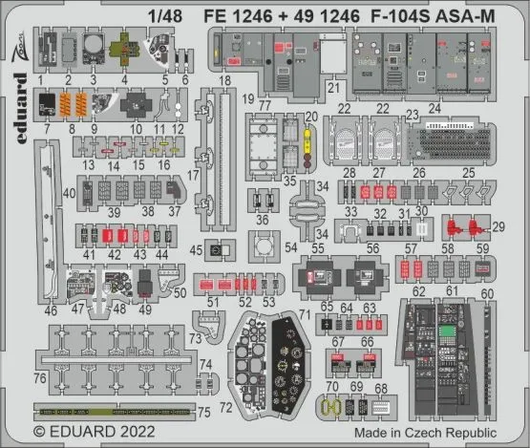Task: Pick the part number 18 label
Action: (224, 82)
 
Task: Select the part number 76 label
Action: (41, 378)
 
